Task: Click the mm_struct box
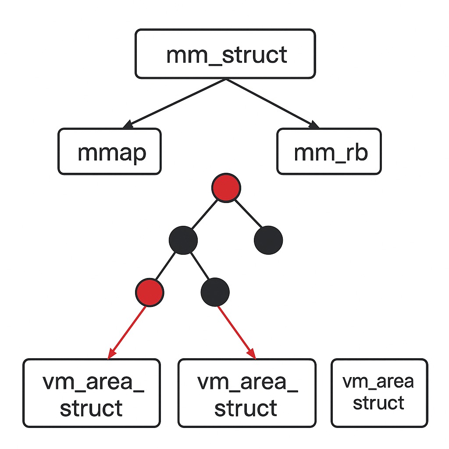click(x=225, y=54)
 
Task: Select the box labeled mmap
click(x=110, y=152)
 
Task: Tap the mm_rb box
click(x=329, y=152)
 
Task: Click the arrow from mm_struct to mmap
click(x=175, y=103)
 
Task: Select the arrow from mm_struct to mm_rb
click(x=272, y=103)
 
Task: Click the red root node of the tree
click(x=226, y=188)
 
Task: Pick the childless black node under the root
click(x=268, y=240)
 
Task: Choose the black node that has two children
click(x=183, y=240)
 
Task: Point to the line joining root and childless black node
click(x=247, y=214)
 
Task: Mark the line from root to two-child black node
click(x=204, y=214)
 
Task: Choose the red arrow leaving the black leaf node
click(x=236, y=331)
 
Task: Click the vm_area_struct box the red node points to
click(x=92, y=393)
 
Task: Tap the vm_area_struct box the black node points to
click(x=247, y=393)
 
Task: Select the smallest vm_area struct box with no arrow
click(x=379, y=393)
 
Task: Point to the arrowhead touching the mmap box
click(x=127, y=126)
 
